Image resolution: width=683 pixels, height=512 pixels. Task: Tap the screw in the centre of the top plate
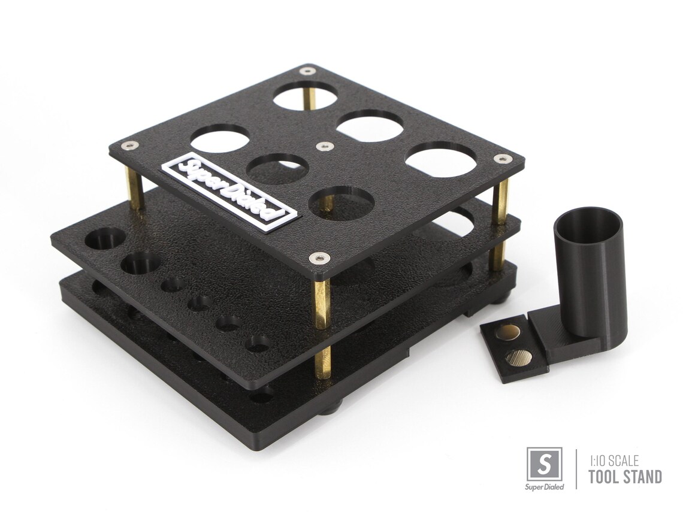pos(324,146)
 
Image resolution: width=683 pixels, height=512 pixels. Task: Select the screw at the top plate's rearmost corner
pos(309,71)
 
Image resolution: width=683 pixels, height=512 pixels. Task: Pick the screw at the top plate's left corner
pos(130,146)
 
